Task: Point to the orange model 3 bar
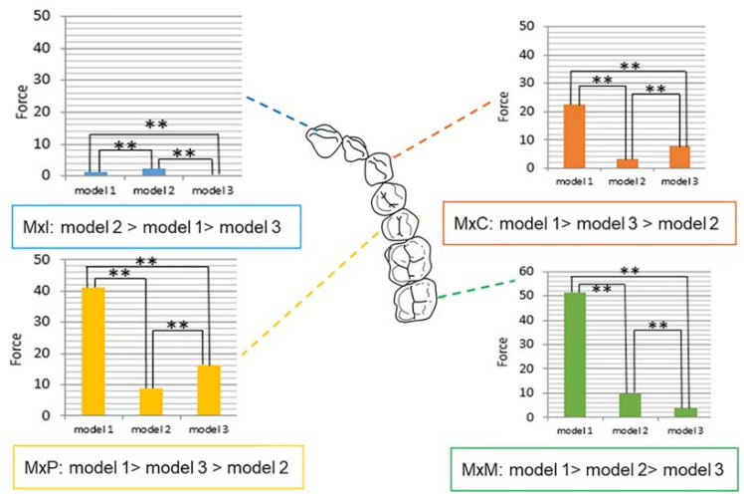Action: (679, 156)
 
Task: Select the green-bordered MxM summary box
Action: (595, 467)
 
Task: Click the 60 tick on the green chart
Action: (536, 272)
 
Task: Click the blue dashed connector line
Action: (279, 114)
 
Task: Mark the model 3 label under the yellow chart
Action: (209, 427)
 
